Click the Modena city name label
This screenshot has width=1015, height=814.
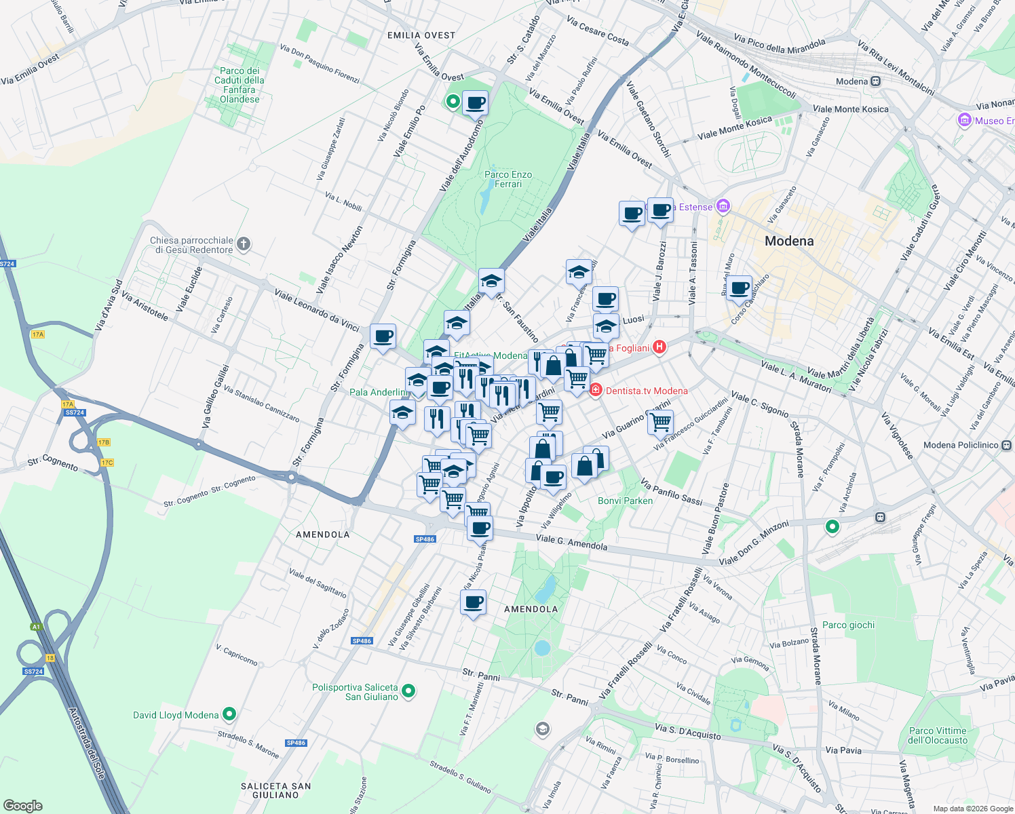pos(788,241)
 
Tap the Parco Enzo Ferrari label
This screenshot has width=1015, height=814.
pos(508,179)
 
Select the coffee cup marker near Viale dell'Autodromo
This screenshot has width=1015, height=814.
pos(475,104)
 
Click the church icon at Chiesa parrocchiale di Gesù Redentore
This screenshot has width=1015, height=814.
pos(244,244)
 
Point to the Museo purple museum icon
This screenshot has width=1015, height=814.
pos(964,121)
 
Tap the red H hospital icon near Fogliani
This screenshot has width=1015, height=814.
pos(659,347)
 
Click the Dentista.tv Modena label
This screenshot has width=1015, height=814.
pos(646,391)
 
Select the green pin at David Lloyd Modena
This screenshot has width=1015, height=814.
pos(229,714)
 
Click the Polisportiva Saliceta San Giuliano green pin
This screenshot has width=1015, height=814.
pos(408,691)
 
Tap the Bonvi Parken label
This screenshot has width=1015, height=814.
pos(625,501)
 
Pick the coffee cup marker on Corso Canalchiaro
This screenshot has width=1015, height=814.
pos(739,288)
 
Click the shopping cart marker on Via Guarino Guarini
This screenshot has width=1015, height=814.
pos(660,423)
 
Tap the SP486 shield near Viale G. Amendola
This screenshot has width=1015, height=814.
pos(425,539)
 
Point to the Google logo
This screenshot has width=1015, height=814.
pos(23,806)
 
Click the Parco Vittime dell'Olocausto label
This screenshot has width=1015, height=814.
pos(938,735)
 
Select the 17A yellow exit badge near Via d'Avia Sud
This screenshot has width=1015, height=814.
pos(37,334)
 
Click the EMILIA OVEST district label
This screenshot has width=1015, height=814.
pos(421,35)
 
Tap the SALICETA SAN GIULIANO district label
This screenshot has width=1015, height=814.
pos(275,790)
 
